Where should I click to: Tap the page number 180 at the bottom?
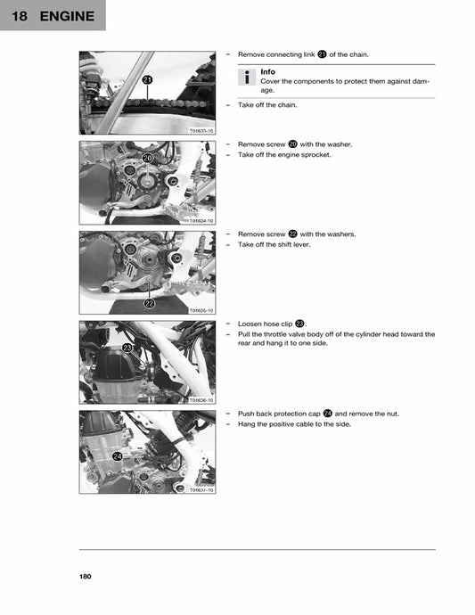[x=86, y=577]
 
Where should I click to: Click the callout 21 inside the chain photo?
[x=147, y=80]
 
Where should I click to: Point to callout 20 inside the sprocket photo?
[x=148, y=158]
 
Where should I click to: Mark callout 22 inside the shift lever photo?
[x=149, y=303]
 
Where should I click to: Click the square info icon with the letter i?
[x=247, y=78]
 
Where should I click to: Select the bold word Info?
[x=267, y=72]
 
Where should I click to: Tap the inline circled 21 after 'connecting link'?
[x=322, y=54]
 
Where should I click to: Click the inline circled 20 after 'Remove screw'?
[x=292, y=143]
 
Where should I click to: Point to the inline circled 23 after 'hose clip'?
[x=300, y=324]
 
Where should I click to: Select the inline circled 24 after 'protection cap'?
[x=328, y=414]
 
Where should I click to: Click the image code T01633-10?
[x=201, y=131]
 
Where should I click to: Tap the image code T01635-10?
[x=201, y=310]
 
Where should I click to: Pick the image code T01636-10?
[x=201, y=400]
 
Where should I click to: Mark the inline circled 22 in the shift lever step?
[x=292, y=234]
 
